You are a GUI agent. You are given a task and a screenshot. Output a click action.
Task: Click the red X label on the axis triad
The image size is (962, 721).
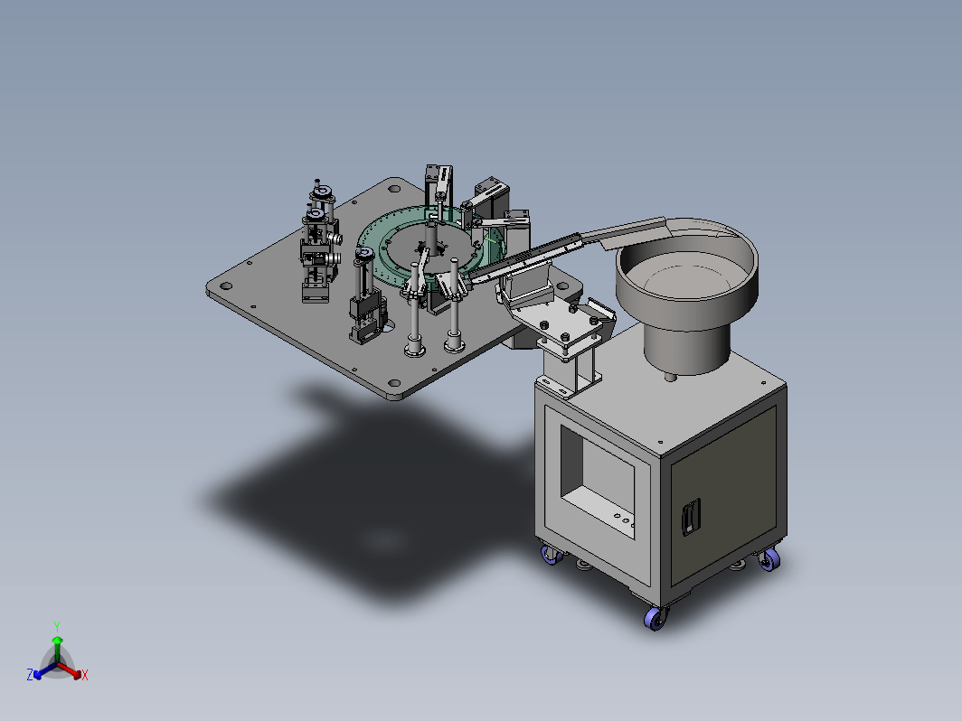(x=85, y=675)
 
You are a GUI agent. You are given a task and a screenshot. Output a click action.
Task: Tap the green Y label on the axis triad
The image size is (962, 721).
(x=56, y=627)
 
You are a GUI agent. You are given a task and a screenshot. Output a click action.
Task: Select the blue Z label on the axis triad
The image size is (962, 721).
(x=30, y=674)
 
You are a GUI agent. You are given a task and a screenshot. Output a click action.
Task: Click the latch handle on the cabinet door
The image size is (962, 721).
(x=691, y=516)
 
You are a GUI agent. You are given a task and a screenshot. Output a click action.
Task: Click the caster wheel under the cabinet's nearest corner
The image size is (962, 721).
(x=655, y=618)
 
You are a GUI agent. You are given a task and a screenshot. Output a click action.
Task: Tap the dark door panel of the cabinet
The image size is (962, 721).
(x=724, y=493)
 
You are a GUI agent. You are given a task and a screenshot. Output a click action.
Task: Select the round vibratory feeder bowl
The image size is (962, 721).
(x=687, y=276)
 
